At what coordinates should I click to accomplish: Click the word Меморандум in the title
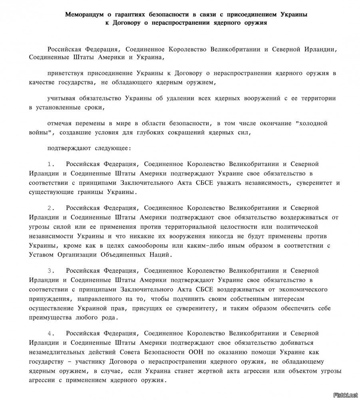(x=83, y=15)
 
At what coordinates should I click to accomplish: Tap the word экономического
(x=300, y=289)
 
